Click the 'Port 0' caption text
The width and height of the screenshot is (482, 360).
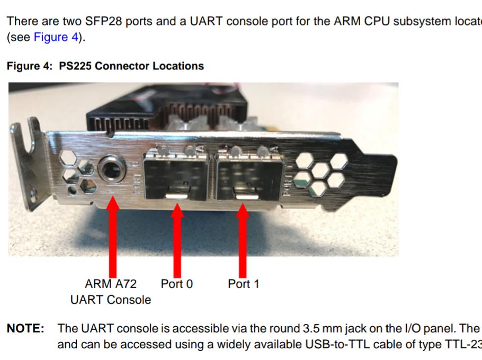click(x=177, y=284)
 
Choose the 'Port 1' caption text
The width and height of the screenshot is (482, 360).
click(x=244, y=284)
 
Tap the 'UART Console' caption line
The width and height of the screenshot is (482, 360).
click(x=111, y=300)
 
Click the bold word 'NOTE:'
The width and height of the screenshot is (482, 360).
click(x=25, y=329)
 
